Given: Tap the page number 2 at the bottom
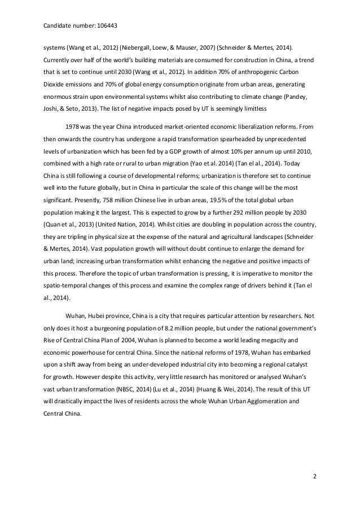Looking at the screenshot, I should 315,477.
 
